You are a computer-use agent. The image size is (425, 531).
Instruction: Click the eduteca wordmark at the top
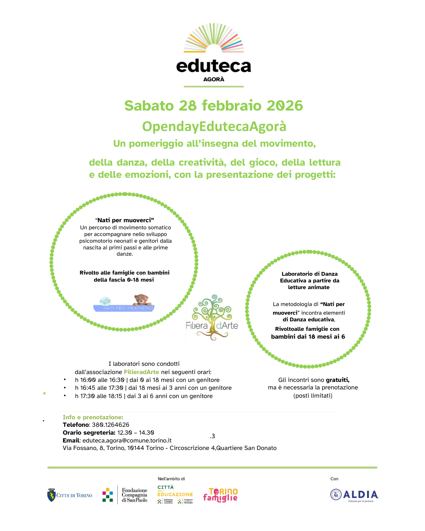[x=214, y=66]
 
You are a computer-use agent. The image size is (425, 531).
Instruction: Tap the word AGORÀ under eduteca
[x=214, y=79]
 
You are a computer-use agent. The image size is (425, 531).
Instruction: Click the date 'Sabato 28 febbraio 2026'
[x=214, y=105]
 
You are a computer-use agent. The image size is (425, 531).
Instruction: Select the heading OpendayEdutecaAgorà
[x=214, y=126]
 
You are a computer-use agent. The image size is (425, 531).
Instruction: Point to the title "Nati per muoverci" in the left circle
[x=125, y=220]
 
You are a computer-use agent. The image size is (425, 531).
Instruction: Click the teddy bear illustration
[x=142, y=300]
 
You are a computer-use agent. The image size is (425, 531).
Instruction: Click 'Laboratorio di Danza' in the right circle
[x=310, y=274]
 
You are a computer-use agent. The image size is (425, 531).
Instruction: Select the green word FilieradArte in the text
[x=141, y=372]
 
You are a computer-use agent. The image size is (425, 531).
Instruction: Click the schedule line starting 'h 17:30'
[x=144, y=396]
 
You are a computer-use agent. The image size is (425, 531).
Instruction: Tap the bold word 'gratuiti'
[x=337, y=380]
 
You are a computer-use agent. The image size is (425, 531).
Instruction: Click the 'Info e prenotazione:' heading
[x=93, y=417]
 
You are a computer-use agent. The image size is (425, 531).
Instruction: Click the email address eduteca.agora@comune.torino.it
[x=127, y=441]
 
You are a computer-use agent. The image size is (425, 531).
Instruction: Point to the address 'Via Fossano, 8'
[x=83, y=448]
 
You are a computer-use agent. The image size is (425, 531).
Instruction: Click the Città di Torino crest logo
[x=52, y=495]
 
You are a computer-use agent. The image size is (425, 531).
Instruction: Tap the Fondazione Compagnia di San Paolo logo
[x=125, y=495]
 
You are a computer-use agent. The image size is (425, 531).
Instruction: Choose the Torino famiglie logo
[x=220, y=495]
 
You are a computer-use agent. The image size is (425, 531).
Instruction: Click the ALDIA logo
[x=354, y=495]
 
